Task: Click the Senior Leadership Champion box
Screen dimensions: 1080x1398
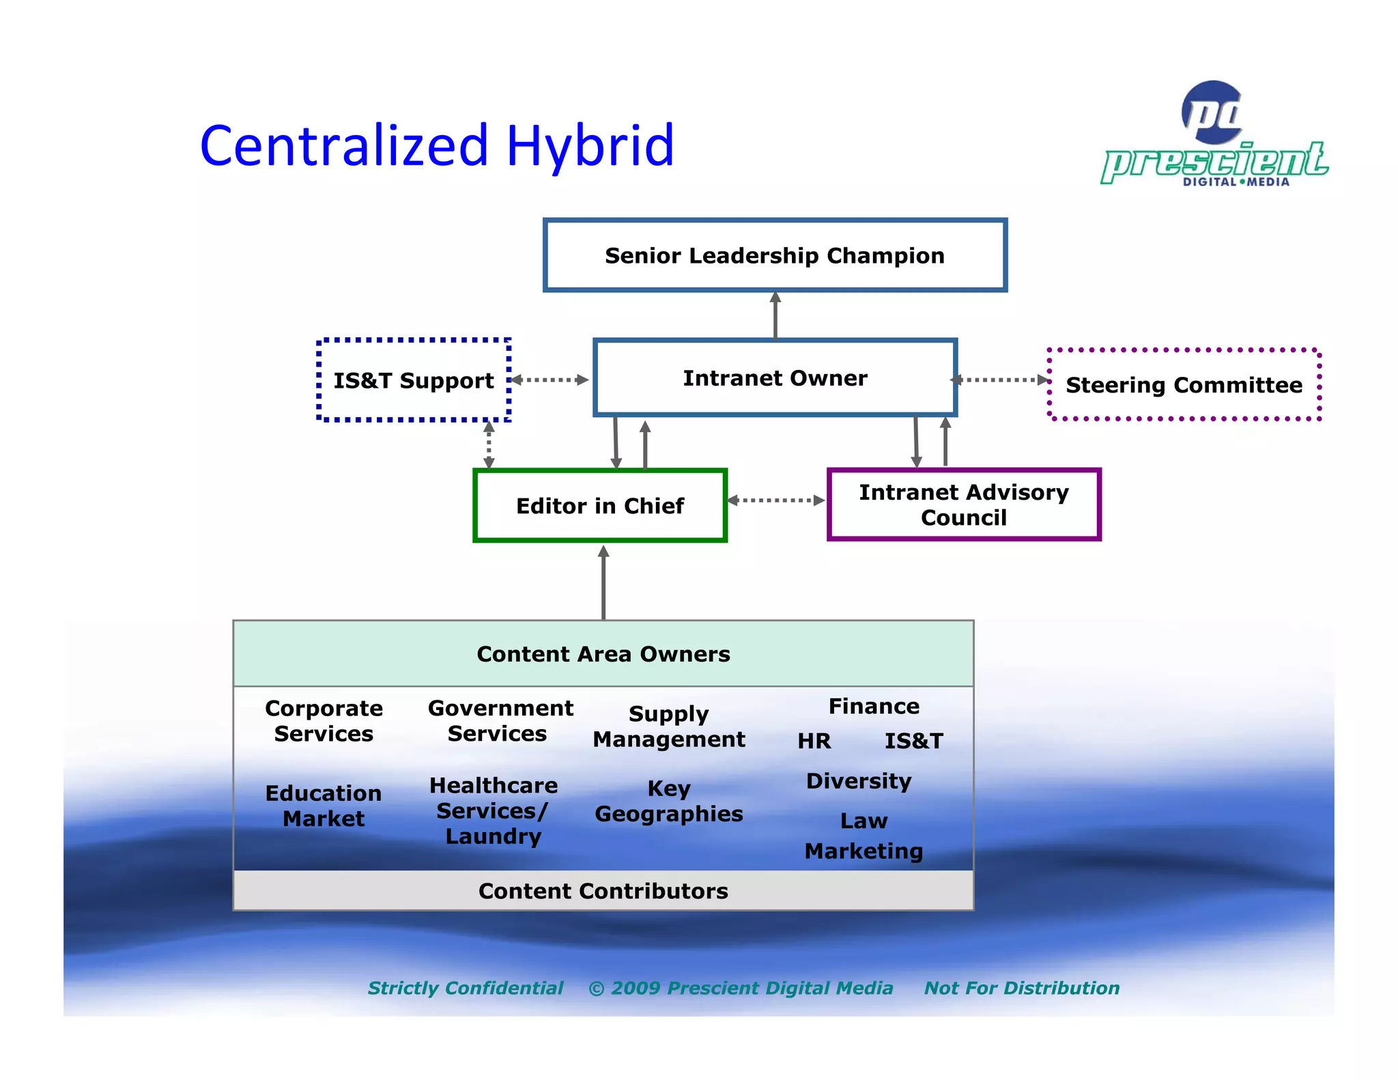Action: [775, 255]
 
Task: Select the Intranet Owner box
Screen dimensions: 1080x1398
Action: [775, 378]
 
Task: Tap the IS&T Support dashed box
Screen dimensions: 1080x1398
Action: [414, 380]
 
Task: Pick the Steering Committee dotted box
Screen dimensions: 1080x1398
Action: [1184, 385]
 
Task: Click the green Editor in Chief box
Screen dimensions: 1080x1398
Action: [599, 506]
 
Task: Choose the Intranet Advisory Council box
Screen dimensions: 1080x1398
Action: [963, 505]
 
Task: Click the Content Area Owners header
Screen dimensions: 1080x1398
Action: [603, 654]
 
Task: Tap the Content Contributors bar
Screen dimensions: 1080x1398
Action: [603, 891]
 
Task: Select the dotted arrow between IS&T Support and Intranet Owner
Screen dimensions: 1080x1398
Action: [550, 380]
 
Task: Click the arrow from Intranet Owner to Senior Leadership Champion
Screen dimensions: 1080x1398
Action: [775, 315]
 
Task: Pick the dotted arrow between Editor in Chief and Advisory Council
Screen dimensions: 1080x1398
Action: [776, 500]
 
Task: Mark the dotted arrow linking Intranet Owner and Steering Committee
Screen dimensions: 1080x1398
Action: [1001, 380]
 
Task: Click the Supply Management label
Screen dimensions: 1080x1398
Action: [668, 726]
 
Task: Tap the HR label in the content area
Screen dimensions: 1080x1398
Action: [814, 741]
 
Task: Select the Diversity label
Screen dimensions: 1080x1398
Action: [859, 781]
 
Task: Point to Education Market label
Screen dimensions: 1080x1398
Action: [324, 806]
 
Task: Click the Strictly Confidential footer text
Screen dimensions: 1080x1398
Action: [466, 988]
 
